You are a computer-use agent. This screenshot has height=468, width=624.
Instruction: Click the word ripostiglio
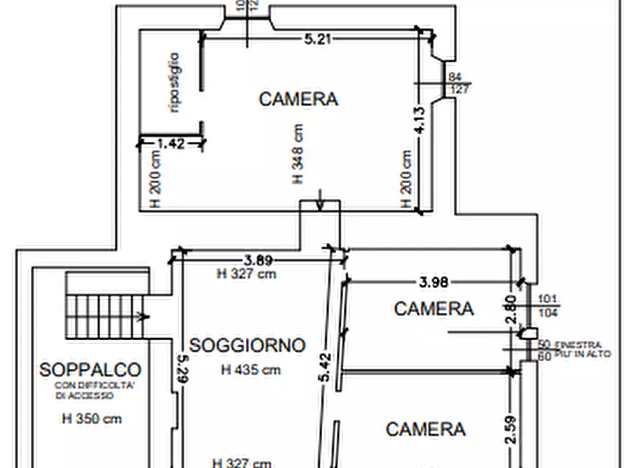point(175,82)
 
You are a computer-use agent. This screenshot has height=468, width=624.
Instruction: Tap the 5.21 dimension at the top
point(317,39)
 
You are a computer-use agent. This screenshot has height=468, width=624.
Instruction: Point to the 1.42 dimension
point(171,144)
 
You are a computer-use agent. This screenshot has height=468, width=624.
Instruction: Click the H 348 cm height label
point(298,154)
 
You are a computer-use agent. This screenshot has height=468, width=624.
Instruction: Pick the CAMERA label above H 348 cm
point(298,99)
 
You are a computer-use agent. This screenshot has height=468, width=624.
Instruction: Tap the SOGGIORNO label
point(247,345)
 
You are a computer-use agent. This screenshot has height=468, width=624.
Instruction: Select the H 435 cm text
point(251,370)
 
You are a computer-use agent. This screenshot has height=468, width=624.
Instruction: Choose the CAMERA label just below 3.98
point(434,308)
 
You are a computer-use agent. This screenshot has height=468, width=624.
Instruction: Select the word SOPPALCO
point(90,370)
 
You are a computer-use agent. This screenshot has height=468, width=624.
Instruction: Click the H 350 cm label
point(92,419)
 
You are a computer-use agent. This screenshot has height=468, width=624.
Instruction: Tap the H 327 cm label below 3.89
point(247,274)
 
